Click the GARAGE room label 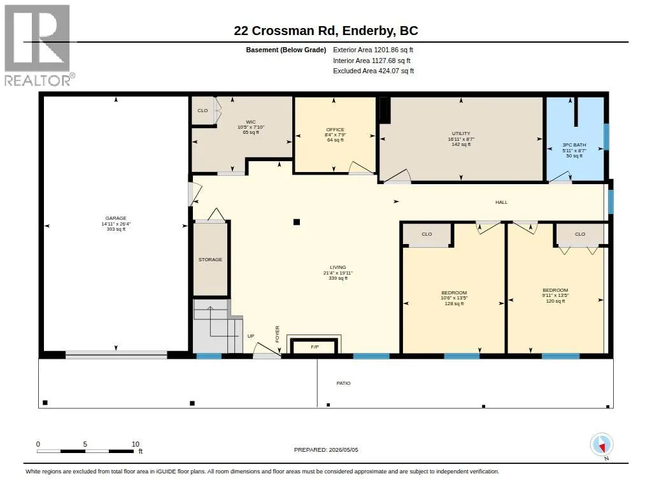click(116, 218)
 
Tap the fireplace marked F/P click(315, 346)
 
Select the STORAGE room click(210, 259)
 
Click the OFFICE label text click(335, 129)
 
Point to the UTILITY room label click(461, 134)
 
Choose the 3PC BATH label click(574, 145)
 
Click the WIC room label click(251, 122)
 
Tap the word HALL click(502, 202)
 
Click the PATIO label click(343, 383)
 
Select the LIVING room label click(337, 267)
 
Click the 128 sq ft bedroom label click(454, 292)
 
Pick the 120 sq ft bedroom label click(555, 290)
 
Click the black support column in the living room click(297, 222)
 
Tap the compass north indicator click(602, 445)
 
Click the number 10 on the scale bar click(136, 444)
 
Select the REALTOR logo click(39, 45)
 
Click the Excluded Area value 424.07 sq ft click(396, 71)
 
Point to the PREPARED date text click(326, 450)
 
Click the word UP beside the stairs click(251, 336)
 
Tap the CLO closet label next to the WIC click(202, 110)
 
